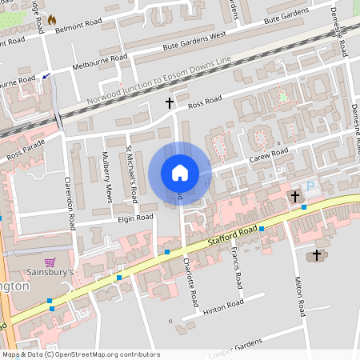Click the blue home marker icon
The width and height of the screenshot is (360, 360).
(180, 173)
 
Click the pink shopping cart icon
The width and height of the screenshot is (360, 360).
(50, 262)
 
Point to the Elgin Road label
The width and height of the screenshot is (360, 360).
(134, 218)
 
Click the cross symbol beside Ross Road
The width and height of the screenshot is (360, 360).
(169, 103)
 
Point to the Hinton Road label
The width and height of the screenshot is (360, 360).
(223, 306)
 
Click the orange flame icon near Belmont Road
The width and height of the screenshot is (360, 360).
(52, 19)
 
